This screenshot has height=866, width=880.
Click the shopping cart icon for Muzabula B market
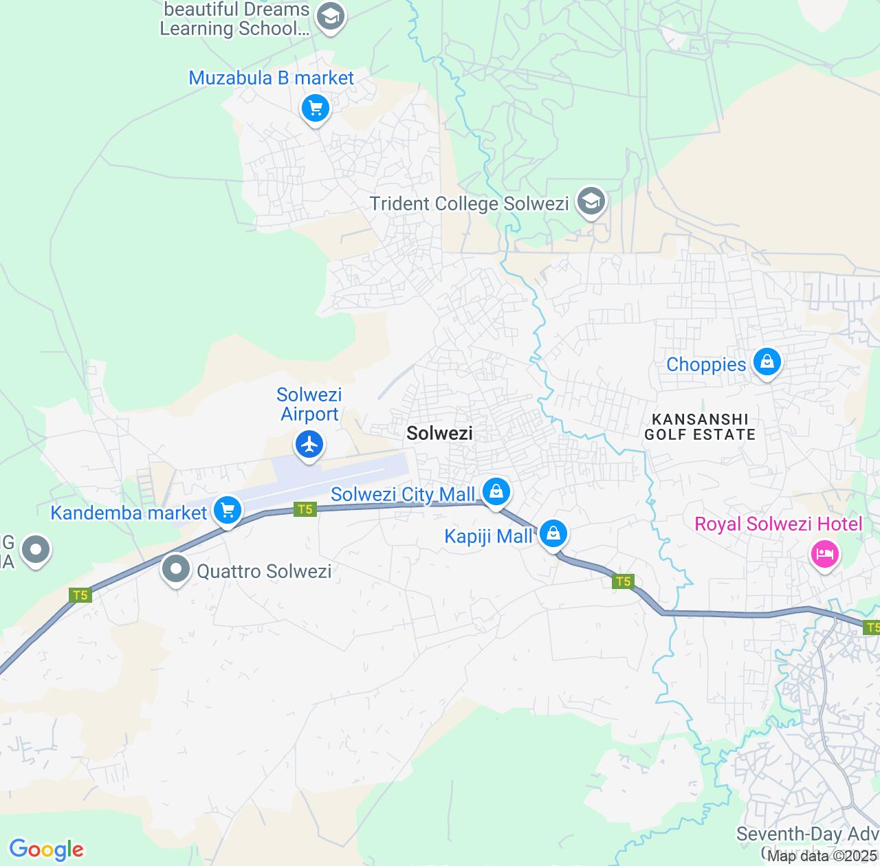coord(316,108)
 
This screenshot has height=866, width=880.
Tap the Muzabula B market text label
coord(271,78)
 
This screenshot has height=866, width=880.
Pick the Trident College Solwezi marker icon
coord(591,202)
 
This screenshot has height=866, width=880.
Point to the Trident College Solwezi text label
coord(469,203)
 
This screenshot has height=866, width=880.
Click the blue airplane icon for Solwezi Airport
coord(310,444)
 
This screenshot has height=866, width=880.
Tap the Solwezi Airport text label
coord(309,404)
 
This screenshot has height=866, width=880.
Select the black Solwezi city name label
coord(439,432)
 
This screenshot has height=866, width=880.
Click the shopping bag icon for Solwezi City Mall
coord(496,491)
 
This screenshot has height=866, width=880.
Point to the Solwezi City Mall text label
coord(403,494)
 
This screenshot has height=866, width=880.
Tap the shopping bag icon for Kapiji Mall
coord(553,533)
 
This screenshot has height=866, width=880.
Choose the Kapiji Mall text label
coord(488,536)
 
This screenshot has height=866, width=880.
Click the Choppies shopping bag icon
coord(767,362)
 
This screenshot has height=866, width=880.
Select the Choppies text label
coord(706,364)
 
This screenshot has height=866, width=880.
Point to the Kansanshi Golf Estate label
coord(700,427)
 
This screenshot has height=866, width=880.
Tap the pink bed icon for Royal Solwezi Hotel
coord(825,554)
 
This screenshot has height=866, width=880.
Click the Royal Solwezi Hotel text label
coord(778,524)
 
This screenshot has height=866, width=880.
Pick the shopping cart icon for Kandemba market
coord(228,511)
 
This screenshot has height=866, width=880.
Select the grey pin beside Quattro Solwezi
coord(177,569)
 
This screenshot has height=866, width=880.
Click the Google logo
coord(46,850)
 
